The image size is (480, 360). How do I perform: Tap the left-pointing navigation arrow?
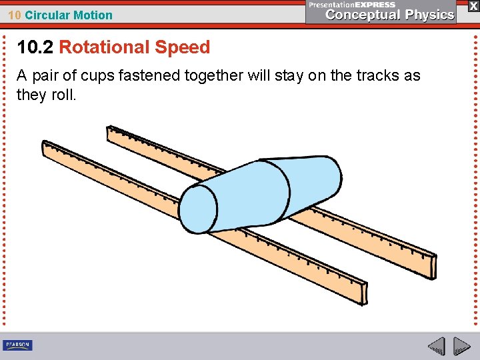coord(436,346)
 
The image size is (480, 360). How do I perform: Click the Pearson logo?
coord(17,345)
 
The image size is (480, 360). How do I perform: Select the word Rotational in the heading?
coord(105,47)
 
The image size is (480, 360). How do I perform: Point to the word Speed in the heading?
coord(182,47)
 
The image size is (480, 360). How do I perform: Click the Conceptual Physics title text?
coord(390,15)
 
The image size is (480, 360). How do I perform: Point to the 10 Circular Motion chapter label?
coord(60,15)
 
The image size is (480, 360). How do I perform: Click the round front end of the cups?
coord(199,208)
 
